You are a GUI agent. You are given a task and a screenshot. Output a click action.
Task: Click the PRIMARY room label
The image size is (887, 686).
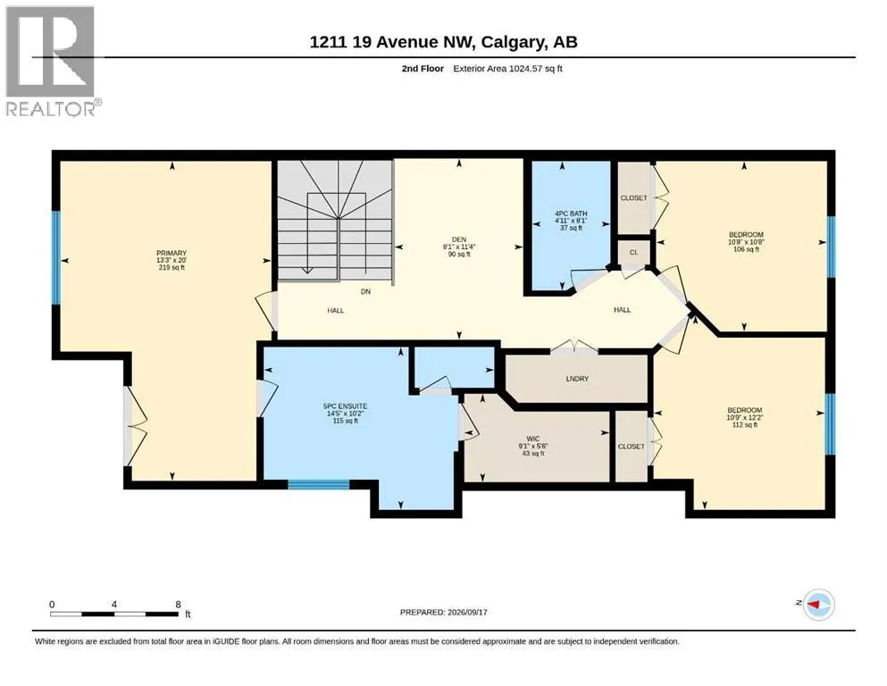(172, 254)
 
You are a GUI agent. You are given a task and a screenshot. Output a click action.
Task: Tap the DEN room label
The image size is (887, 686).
(459, 239)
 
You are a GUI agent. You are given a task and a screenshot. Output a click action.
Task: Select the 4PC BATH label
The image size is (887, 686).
(571, 213)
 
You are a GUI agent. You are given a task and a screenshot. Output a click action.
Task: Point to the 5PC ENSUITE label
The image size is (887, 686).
(345, 406)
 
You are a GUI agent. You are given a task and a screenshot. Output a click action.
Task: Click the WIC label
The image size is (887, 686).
(533, 439)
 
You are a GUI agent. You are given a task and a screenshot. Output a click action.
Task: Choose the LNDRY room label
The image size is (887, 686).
(577, 379)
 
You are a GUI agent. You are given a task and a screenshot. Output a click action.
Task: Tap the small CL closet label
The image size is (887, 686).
(633, 252)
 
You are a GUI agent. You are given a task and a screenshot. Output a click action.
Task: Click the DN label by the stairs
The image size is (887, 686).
(366, 292)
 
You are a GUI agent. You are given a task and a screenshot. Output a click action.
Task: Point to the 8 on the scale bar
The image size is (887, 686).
(178, 604)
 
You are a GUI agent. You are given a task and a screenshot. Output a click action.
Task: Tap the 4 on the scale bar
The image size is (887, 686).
(114, 604)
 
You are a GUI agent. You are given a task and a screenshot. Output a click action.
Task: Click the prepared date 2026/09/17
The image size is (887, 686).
(467, 612)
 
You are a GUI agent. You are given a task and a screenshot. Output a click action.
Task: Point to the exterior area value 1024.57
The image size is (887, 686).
(525, 69)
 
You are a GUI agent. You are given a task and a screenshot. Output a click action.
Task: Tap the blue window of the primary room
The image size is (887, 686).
(55, 258)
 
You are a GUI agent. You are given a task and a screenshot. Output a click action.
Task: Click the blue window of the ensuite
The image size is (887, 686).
(319, 484)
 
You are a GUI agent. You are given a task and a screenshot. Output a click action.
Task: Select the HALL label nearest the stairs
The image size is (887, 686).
(336, 311)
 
